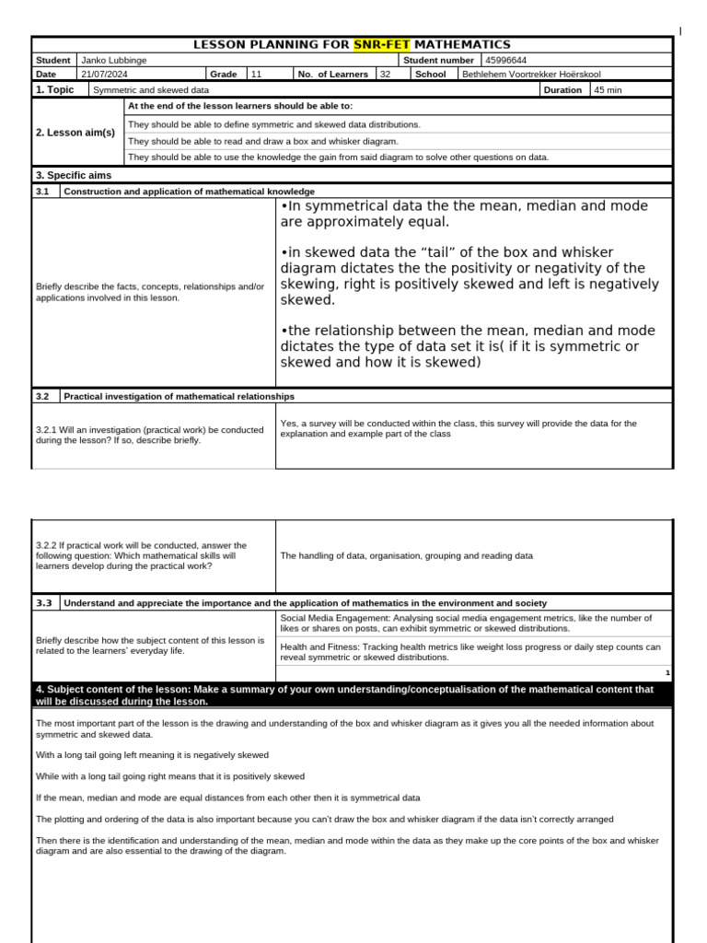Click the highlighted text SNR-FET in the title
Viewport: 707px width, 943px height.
tap(382, 44)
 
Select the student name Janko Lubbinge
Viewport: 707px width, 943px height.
tap(114, 60)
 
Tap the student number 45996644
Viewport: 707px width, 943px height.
tap(507, 60)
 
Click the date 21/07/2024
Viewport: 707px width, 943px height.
tap(105, 75)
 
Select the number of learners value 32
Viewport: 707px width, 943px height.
tap(386, 75)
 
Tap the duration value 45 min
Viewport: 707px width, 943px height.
tap(608, 90)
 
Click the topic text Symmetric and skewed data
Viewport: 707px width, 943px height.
tap(151, 90)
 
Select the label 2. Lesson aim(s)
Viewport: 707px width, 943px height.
tap(75, 133)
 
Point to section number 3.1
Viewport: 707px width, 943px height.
tap(42, 191)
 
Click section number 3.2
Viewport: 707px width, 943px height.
tap(42, 396)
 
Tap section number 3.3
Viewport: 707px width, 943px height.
tap(42, 603)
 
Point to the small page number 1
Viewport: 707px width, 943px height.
tap(667, 673)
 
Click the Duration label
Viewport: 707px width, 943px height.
tap(562, 90)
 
